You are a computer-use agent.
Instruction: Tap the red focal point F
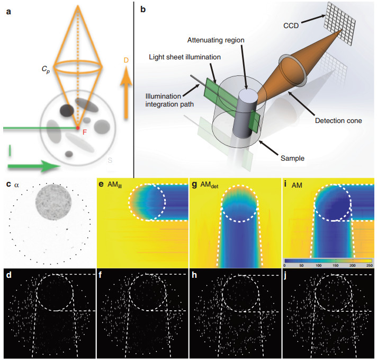coord(78,128)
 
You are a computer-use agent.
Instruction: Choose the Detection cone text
coord(339,121)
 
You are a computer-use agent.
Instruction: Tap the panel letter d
coord(8,276)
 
